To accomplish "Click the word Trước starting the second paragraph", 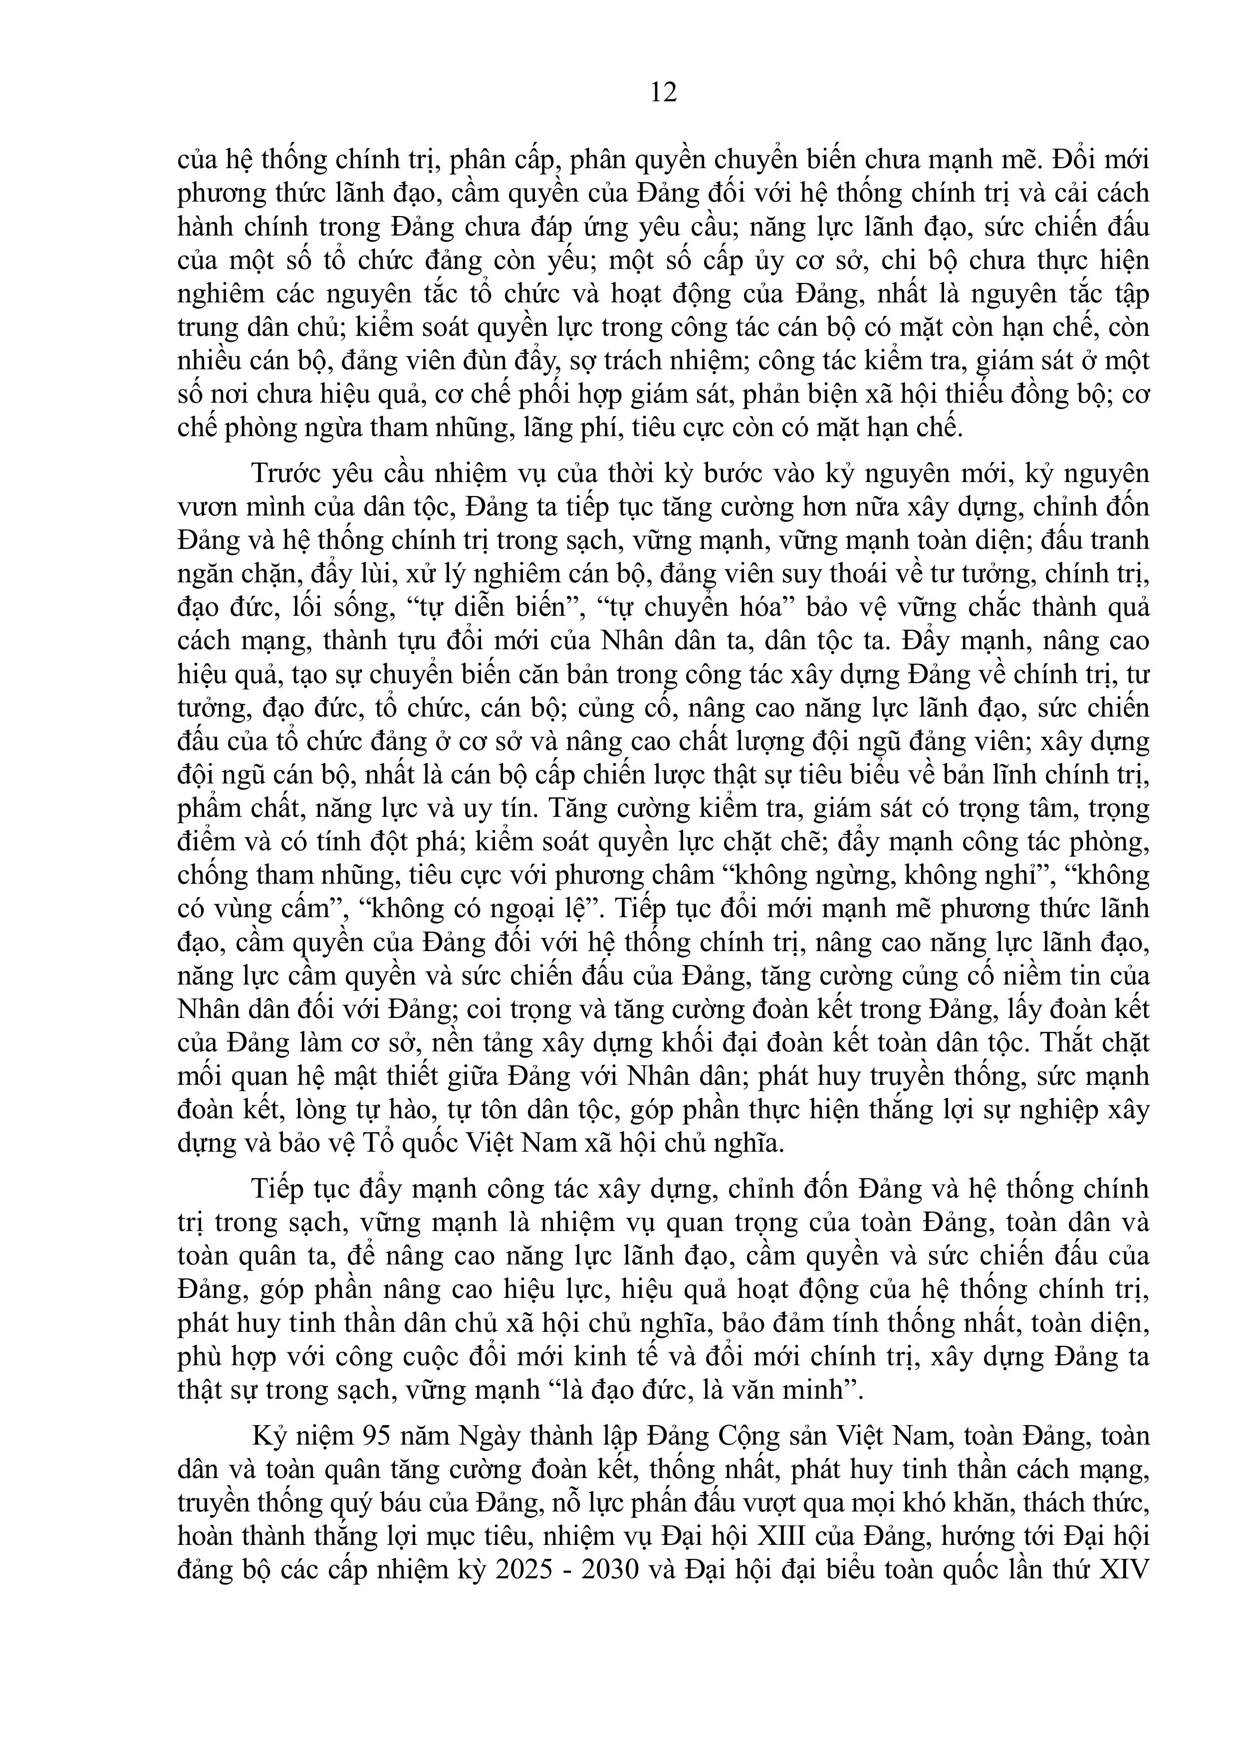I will tap(288, 474).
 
